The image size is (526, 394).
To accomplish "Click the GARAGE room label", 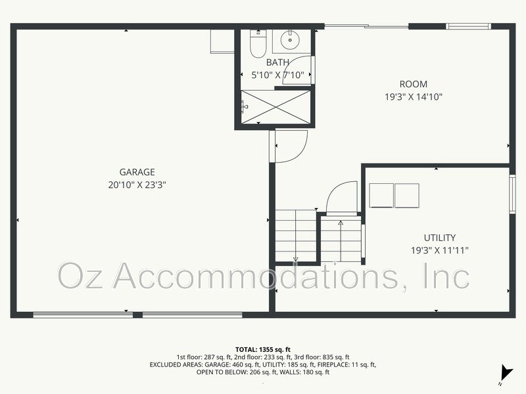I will coord(137,172).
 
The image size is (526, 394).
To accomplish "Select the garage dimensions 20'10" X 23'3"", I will coord(137,185).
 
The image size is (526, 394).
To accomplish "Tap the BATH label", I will coord(277,62).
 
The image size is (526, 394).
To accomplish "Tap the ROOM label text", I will coord(414,84).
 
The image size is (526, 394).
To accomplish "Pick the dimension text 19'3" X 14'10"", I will coord(414,97).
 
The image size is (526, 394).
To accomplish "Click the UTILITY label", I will coord(440,238).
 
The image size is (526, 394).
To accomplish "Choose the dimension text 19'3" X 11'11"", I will coord(440,250).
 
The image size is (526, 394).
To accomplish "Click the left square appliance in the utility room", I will coord(381,196).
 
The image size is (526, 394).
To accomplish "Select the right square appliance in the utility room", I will coord(406,196).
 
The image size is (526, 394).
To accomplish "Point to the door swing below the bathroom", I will coord(289,146).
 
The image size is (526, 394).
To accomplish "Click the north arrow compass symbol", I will coord(505,372).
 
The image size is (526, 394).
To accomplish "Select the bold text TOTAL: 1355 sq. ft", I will coord(262,349).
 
